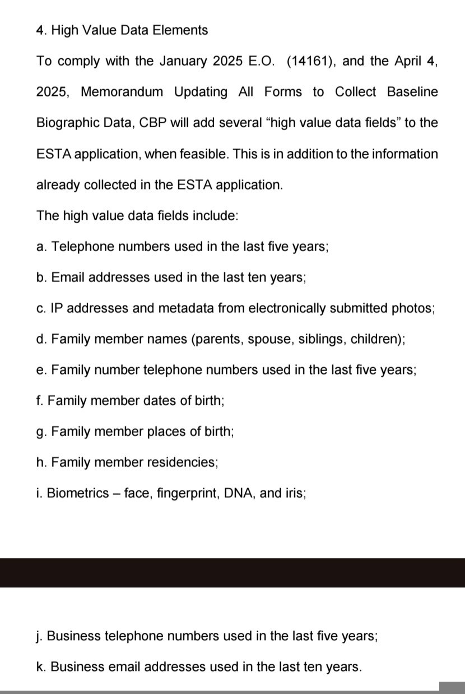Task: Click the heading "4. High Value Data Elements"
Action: (x=122, y=30)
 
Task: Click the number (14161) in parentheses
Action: (x=311, y=61)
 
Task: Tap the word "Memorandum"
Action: (x=122, y=92)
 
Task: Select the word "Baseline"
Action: (x=412, y=92)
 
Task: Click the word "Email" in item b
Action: (x=68, y=277)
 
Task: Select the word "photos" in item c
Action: (x=412, y=308)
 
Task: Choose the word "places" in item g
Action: (x=164, y=432)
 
